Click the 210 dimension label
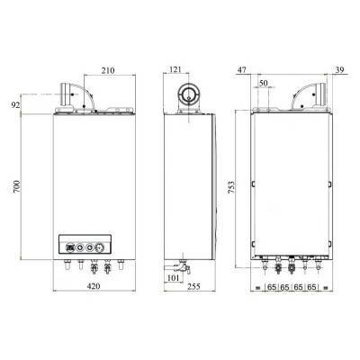point(108,70)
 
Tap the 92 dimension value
point(15,105)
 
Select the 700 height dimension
point(16,186)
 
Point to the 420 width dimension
point(94,286)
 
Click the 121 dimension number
point(175,69)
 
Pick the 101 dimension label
point(173,278)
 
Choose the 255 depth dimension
point(193,286)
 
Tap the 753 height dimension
point(231,187)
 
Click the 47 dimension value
point(242,70)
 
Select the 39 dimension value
point(339,70)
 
